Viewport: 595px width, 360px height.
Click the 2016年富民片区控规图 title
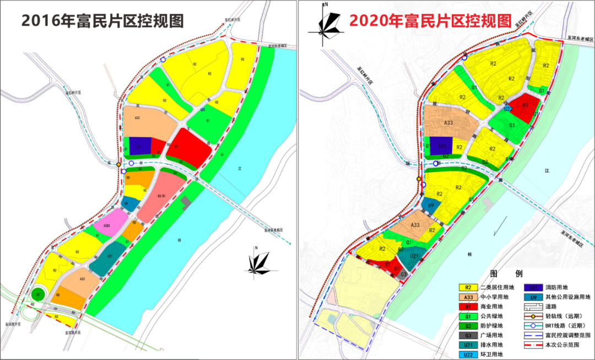click(x=102, y=21)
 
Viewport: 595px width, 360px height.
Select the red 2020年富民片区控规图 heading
click(x=430, y=21)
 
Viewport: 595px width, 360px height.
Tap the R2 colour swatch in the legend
click(x=468, y=287)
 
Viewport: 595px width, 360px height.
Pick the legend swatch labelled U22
click(x=468, y=353)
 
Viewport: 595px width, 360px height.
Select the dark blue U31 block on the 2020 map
click(x=441, y=146)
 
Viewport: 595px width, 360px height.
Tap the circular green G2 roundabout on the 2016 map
click(x=39, y=295)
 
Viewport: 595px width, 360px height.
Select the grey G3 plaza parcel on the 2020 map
click(x=404, y=274)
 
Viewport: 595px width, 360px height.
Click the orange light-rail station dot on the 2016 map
click(x=118, y=165)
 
